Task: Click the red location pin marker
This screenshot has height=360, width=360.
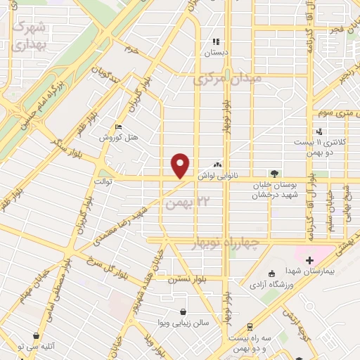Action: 181,165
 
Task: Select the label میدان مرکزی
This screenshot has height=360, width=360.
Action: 227,78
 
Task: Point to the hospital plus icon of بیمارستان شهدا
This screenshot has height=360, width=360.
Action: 309,260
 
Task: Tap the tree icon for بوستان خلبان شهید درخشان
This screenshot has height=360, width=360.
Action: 274,174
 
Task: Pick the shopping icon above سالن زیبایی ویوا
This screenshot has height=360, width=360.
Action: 184,311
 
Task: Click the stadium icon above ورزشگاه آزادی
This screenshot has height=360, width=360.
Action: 272,274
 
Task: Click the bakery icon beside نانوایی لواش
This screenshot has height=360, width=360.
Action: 227,164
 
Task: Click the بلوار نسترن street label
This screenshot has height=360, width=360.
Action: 181,279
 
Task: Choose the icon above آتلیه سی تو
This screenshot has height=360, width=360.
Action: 36,336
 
